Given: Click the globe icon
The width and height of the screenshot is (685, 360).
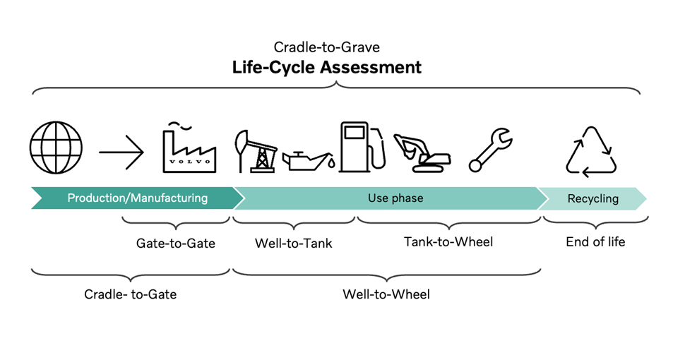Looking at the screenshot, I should [56, 149].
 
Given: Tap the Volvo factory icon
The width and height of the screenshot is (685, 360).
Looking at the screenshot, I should [189, 148].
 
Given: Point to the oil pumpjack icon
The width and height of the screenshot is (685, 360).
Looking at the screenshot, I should [255, 150].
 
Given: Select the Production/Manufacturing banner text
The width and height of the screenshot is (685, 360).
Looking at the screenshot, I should [138, 198].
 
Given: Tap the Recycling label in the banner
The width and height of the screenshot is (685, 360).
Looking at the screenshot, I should [593, 199].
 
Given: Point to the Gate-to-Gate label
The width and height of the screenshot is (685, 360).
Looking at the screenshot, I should [176, 244].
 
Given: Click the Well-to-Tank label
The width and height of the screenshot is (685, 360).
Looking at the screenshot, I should [294, 244].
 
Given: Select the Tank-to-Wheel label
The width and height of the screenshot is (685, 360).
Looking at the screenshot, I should [448, 242].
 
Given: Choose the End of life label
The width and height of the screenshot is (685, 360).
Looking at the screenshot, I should [595, 242].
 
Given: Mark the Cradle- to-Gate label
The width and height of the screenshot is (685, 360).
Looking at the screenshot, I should [130, 294].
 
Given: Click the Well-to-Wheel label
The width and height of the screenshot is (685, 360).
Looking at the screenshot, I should [386, 294].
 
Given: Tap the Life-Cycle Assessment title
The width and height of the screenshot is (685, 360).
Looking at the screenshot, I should [327, 68].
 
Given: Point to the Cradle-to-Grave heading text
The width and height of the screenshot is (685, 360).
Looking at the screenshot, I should [327, 47].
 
